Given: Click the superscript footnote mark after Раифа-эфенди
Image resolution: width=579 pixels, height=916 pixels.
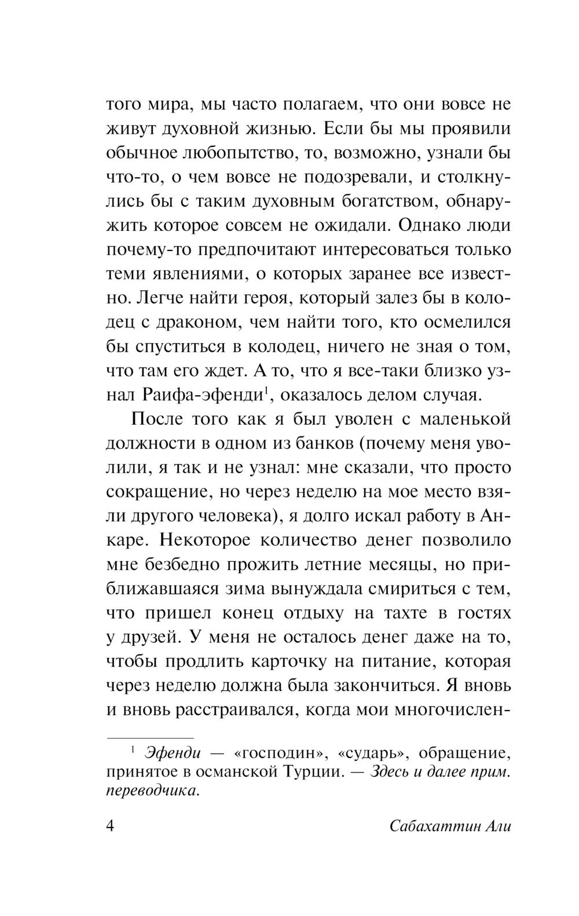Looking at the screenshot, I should point(266,390).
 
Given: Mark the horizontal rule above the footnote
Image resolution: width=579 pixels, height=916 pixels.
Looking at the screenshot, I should point(150,738).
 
